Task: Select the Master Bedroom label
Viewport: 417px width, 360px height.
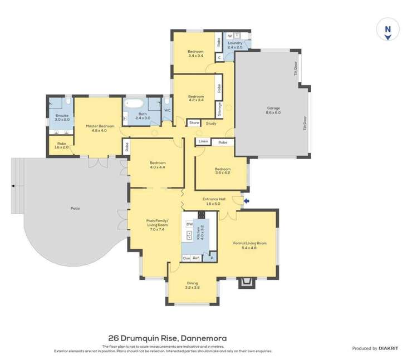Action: pyautogui.click(x=100, y=126)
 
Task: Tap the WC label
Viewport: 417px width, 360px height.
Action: pyautogui.click(x=167, y=110)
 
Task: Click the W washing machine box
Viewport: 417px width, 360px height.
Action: pyautogui.click(x=229, y=36)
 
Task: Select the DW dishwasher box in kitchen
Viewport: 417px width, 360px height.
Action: pyautogui.click(x=189, y=224)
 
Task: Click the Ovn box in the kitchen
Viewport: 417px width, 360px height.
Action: pyautogui.click(x=187, y=258)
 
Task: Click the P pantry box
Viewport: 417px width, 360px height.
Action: pyautogui.click(x=212, y=258)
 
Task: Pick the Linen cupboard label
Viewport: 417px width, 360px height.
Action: pyautogui.click(x=203, y=142)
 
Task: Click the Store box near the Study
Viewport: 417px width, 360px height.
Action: pyautogui.click(x=194, y=122)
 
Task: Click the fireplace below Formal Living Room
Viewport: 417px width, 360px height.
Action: pyautogui.click(x=245, y=284)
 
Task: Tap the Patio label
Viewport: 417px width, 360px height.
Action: pyautogui.click(x=75, y=209)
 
